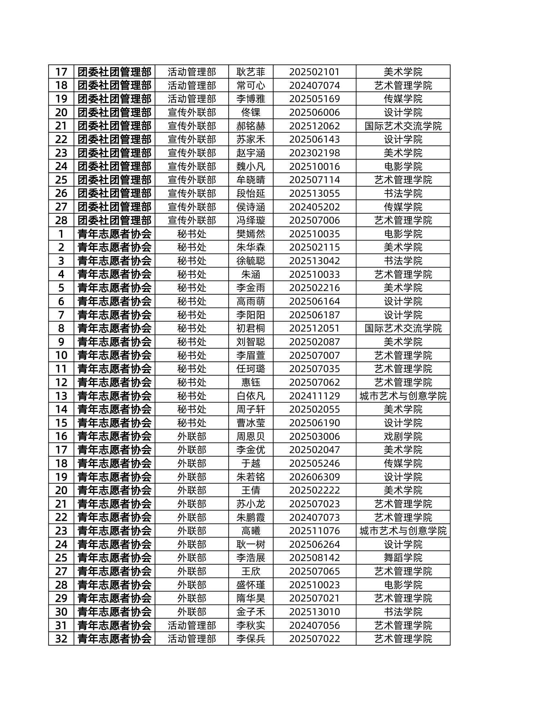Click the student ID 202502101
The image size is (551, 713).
[314, 72]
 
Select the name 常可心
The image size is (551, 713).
[250, 85]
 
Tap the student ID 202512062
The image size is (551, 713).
[314, 126]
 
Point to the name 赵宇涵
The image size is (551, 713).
[250, 153]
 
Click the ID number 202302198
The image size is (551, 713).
[314, 153]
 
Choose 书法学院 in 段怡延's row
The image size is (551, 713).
[403, 193]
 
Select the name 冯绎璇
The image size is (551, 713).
[250, 220]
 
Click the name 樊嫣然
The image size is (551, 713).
[250, 234]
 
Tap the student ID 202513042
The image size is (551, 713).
[314, 261]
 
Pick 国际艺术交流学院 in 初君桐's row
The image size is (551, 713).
[403, 328]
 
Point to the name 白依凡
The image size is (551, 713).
[250, 396]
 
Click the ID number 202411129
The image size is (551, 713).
[314, 396]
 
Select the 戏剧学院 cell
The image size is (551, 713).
[403, 436]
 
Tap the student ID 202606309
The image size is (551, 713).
[314, 477]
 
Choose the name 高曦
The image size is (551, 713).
[250, 531]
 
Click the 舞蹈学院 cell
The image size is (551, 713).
[403, 558]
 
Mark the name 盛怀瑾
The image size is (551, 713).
[250, 585]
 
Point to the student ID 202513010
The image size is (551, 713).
[314, 612]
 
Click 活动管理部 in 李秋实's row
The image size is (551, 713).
[192, 625]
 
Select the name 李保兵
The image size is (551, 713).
[250, 638]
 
